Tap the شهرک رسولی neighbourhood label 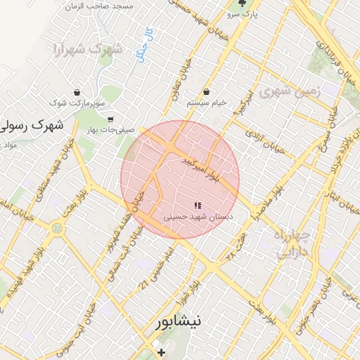31,126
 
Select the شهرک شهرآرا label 87,49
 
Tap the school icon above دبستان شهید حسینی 198,205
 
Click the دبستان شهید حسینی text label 198,218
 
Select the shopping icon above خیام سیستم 206,92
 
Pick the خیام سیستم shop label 206,103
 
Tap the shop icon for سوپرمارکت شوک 77,92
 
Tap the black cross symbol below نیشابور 161,352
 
